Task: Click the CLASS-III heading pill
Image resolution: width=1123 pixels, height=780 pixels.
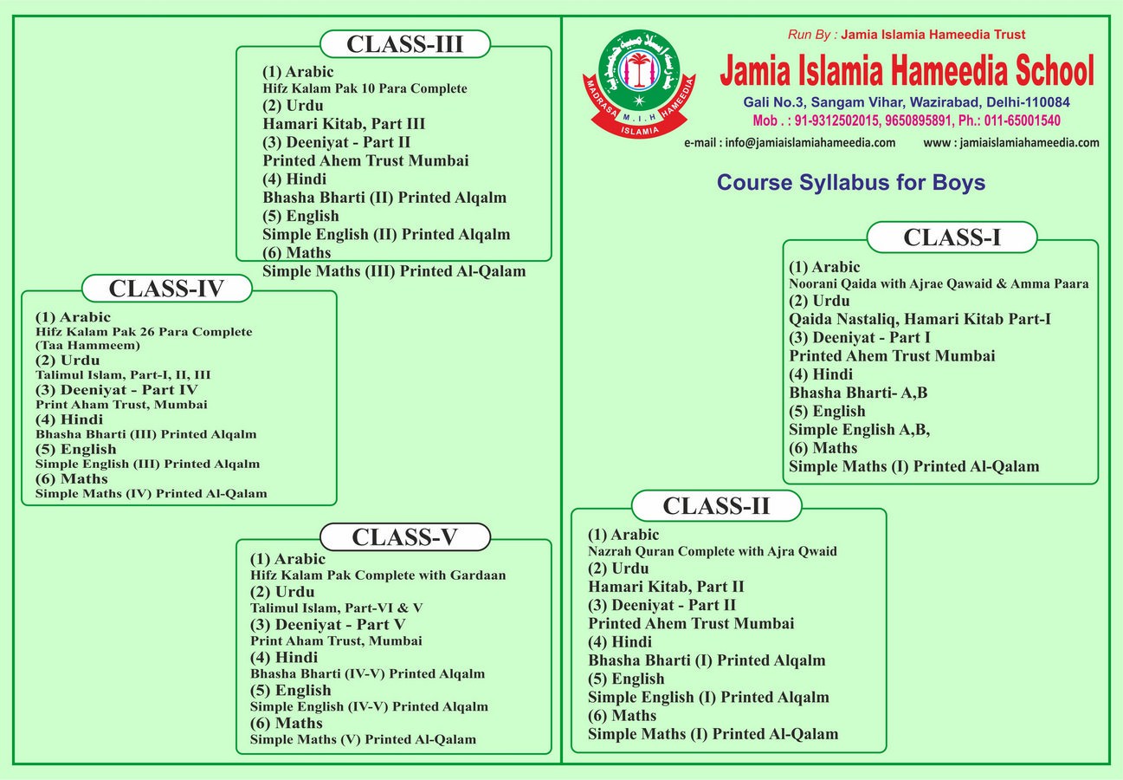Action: [405, 44]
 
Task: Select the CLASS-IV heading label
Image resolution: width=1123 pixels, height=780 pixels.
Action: [166, 289]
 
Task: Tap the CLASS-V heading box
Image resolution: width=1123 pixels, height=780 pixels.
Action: [404, 537]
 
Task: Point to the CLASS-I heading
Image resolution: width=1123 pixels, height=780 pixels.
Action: [952, 237]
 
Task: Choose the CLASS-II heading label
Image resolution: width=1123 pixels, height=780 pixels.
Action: [716, 505]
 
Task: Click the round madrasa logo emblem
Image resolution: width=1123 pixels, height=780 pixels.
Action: [640, 84]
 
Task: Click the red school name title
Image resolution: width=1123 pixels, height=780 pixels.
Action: [907, 71]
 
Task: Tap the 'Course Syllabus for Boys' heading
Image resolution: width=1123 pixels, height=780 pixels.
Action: [851, 184]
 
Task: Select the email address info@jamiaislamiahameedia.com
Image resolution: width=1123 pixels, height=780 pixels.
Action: [789, 142]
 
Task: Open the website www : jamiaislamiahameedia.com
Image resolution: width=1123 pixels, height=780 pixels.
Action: [1011, 142]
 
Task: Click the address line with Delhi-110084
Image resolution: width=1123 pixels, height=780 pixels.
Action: [907, 102]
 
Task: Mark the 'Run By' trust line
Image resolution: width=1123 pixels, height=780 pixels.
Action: [907, 35]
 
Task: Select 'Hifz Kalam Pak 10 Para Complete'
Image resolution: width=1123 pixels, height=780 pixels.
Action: [365, 88]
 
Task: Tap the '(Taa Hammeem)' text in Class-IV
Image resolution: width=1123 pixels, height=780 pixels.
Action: [87, 345]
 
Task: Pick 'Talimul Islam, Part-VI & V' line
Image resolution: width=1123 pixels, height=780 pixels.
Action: [336, 608]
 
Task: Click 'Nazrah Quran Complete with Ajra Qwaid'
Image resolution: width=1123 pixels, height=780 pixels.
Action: [712, 551]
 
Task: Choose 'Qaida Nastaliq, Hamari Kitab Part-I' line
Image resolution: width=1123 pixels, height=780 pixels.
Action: [920, 319]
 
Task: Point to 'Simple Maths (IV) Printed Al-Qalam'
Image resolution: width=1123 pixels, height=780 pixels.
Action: [152, 494]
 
